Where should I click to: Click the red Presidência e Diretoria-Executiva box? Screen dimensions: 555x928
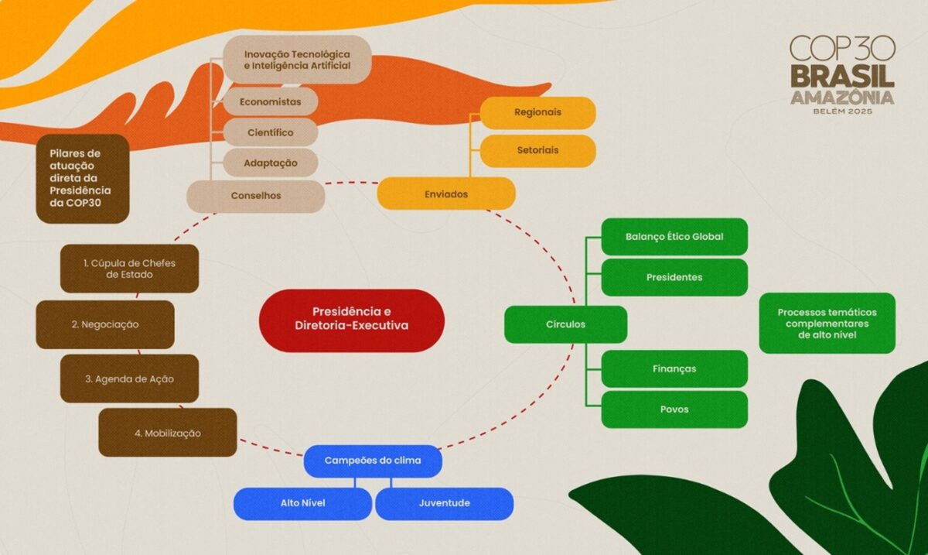pyautogui.click(x=352, y=320)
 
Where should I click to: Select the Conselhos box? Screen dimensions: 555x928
pyautogui.click(x=256, y=196)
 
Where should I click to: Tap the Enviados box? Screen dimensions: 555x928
pyautogui.click(x=446, y=194)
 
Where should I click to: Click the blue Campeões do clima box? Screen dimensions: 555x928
pyautogui.click(x=373, y=461)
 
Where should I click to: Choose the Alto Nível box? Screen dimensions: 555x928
pyautogui.click(x=302, y=503)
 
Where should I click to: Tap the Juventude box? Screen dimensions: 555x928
pyautogui.click(x=444, y=503)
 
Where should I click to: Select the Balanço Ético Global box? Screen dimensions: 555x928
pyautogui.click(x=674, y=236)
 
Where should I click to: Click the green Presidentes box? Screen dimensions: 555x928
pyautogui.click(x=674, y=277)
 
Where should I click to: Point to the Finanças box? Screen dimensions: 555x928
pyautogui.click(x=674, y=368)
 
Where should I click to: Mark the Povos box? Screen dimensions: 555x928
pyautogui.click(x=674, y=409)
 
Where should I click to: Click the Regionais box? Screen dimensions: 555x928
pyautogui.click(x=537, y=112)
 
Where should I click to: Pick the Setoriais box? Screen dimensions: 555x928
pyautogui.click(x=537, y=150)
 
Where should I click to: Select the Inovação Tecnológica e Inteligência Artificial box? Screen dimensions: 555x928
pyautogui.click(x=297, y=60)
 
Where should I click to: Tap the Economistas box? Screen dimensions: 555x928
pyautogui.click(x=270, y=101)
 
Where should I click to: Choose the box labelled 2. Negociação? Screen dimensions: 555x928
pyautogui.click(x=105, y=324)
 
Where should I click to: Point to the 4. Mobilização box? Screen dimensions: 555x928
pyautogui.click(x=167, y=433)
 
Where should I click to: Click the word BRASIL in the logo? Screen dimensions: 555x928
pyautogui.click(x=842, y=76)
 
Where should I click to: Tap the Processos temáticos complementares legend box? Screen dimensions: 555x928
pyautogui.click(x=827, y=323)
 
